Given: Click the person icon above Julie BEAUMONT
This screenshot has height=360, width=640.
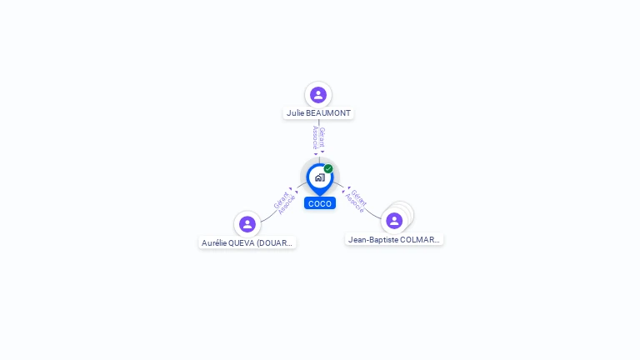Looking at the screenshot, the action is (317, 94).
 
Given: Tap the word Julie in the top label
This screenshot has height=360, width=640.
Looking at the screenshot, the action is (295, 112).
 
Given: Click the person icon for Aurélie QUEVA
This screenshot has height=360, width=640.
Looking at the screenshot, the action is (247, 224).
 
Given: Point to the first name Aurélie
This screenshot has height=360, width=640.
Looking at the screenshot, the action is (215, 243).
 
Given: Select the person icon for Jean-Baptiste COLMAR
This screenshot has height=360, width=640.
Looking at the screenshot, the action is (394, 221).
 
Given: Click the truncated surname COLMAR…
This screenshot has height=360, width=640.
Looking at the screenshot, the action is (421, 239).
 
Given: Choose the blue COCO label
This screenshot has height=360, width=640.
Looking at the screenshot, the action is (320, 203).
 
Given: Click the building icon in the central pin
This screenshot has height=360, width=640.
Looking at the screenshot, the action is (319, 177).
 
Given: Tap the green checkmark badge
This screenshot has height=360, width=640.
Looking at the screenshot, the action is (328, 168).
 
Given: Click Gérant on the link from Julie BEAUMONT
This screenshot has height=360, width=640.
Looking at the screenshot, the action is (322, 137).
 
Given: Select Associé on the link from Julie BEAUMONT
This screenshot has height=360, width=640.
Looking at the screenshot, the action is (315, 137).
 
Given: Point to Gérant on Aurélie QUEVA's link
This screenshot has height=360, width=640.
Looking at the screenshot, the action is (281, 200).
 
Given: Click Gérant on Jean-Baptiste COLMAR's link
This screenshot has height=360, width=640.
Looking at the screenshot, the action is (359, 197).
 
